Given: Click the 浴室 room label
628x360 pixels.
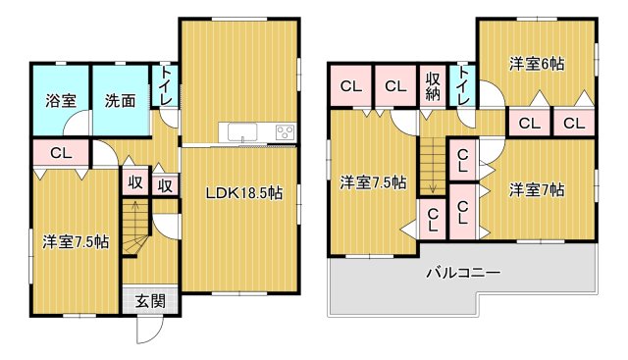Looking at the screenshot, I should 61,99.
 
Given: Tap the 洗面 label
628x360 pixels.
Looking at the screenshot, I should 121,99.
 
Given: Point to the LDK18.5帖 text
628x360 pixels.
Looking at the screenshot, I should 243,193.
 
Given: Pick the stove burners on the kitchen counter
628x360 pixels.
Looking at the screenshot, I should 286,132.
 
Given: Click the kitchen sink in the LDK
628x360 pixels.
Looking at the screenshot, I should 240,132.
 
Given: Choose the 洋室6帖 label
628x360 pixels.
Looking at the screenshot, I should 536,64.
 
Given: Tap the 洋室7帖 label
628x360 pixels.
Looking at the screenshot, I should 537,189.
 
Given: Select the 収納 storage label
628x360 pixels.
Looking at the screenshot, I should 433,87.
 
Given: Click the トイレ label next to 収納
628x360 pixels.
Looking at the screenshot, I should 462,86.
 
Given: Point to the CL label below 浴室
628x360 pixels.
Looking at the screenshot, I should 61,153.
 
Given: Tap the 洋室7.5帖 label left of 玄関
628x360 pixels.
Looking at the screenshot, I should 76,240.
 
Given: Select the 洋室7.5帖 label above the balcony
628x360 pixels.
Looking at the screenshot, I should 373,181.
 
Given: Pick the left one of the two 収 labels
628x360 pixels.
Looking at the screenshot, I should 135,183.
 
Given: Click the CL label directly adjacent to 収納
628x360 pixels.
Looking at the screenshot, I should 395,87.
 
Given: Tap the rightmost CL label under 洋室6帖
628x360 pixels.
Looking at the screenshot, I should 574,123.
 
